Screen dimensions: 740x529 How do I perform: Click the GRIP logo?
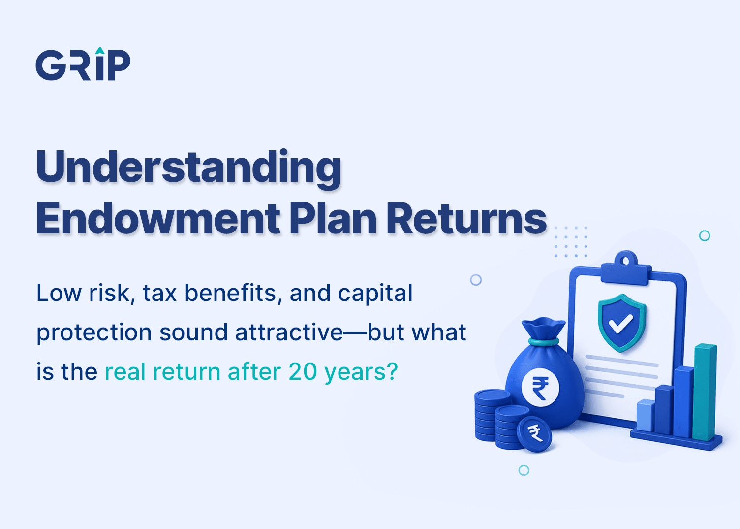(x=83, y=64)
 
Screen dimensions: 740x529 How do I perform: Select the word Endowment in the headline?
(x=158, y=219)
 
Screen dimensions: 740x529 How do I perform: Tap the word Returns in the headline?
(x=466, y=219)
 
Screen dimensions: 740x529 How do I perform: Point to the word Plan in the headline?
(x=333, y=219)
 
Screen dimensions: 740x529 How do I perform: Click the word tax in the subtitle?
(x=159, y=293)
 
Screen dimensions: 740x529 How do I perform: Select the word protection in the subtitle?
(x=94, y=333)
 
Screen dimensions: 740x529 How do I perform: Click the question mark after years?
(x=392, y=372)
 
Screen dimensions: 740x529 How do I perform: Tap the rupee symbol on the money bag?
(x=540, y=388)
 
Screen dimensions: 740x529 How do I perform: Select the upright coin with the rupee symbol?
(x=534, y=434)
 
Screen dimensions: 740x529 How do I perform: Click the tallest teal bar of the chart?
(x=705, y=392)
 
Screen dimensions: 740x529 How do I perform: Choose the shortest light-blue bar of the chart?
(x=646, y=415)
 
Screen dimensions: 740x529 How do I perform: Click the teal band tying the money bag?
(x=544, y=341)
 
